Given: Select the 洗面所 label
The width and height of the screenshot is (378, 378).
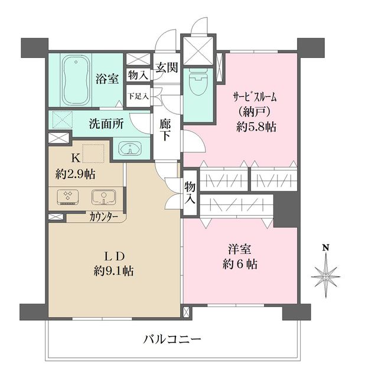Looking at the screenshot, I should click(x=106, y=125).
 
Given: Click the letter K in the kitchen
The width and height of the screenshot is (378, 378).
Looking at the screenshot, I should click(x=76, y=157).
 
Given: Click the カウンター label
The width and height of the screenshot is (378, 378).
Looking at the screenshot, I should click(x=104, y=217).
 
